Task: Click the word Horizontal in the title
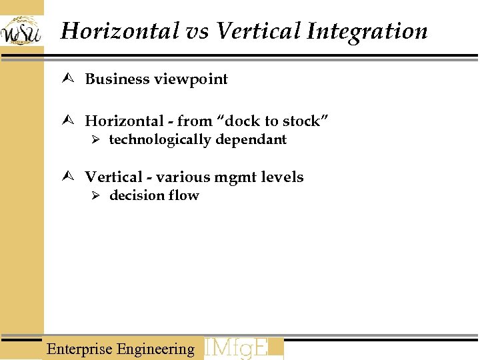coord(119,31)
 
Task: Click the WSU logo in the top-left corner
coord(21,31)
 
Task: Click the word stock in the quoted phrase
coord(304,121)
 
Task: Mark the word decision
coord(137,195)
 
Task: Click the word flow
coord(183,195)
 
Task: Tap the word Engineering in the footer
coord(155,349)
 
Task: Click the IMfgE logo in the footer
coord(243,349)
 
